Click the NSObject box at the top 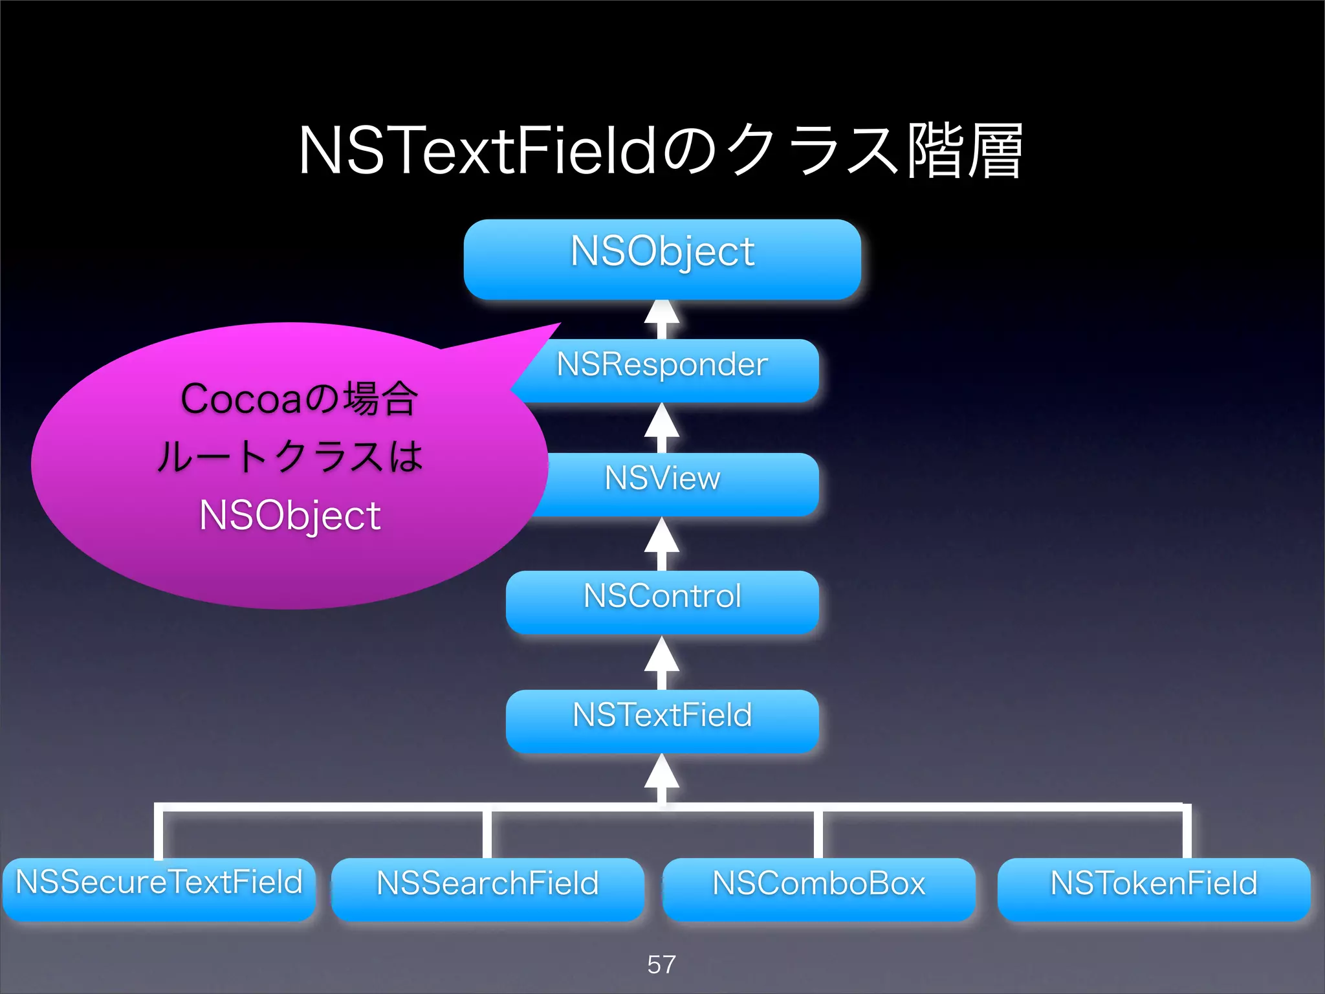coord(662,259)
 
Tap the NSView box coord(673,483)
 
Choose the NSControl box coord(662,601)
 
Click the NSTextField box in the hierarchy coord(662,720)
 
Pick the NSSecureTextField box coord(159,888)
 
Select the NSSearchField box coord(488,889)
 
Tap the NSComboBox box coord(818,889)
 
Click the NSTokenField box coord(1154,889)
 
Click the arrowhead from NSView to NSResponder coord(662,422)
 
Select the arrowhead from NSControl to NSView coord(662,537)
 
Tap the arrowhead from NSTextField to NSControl coord(662,656)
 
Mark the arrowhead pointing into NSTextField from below coord(662,773)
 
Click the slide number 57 coord(661,964)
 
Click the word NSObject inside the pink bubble coord(290,516)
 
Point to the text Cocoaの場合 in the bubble coord(299,399)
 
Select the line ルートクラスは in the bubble coord(290,457)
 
